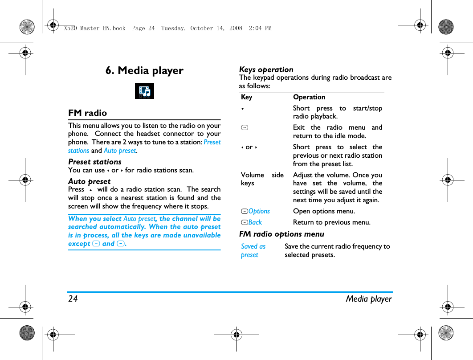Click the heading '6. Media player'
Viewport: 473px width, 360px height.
144,71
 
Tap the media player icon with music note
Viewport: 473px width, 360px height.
144,91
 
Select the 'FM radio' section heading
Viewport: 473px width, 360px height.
88,113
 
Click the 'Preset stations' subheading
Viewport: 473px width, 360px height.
95,162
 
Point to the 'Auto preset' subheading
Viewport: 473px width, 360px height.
90,181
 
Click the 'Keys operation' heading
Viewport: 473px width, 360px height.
266,70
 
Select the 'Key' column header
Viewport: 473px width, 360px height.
246,97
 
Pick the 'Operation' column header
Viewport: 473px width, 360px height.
309,97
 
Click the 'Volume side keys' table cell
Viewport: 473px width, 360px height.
262,179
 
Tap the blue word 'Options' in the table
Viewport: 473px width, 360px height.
259,211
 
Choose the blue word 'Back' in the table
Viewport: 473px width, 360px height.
255,222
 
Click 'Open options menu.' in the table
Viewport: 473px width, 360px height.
324,211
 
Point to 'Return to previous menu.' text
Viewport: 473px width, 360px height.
331,222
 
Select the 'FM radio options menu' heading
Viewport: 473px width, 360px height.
281,234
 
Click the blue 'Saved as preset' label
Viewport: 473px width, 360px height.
253,250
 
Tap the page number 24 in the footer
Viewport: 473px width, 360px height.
73,299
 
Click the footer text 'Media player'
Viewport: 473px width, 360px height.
369,299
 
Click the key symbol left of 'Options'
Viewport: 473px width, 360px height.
244,211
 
